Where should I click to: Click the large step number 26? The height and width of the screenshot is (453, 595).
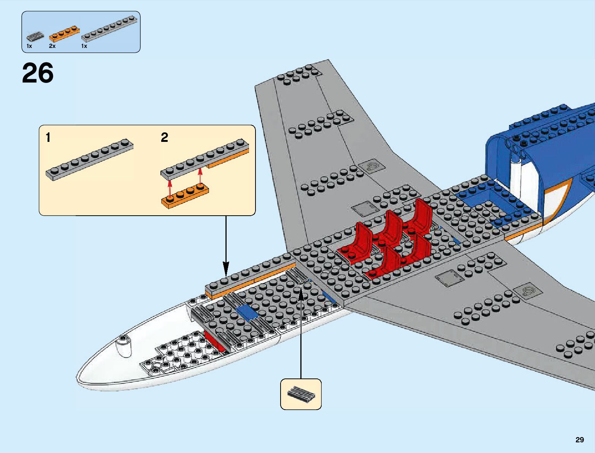pos(38,73)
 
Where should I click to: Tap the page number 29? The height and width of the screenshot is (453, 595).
pos(579,440)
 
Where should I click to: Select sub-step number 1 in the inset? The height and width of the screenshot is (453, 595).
pos(48,137)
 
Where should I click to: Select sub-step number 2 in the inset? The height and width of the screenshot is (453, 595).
pos(164,137)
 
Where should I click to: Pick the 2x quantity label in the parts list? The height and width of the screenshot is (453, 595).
pos(52,46)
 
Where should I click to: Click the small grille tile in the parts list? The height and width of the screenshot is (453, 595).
pos(35,37)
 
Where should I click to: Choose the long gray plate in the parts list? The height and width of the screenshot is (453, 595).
pos(109,29)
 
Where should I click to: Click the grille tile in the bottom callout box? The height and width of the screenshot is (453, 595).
pos(301,394)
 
